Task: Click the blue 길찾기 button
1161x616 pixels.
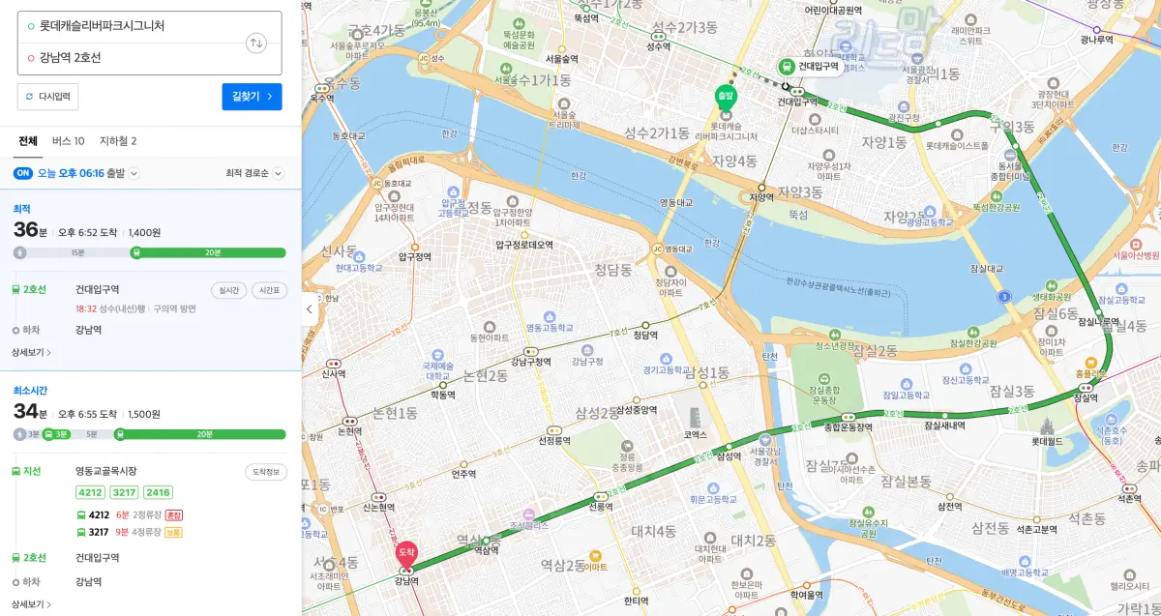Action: (252, 97)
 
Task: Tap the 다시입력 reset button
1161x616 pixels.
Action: (47, 97)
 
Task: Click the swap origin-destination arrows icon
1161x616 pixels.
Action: (256, 43)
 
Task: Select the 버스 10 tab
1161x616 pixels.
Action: (68, 141)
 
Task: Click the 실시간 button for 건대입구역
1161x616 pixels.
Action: (228, 290)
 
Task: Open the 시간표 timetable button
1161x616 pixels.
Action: (269, 290)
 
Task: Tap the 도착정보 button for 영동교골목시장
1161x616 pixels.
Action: (265, 472)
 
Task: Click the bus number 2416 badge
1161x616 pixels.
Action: (158, 492)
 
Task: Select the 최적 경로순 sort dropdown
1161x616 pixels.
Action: (254, 174)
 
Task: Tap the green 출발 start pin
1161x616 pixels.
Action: (726, 96)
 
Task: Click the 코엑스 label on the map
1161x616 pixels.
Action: (695, 435)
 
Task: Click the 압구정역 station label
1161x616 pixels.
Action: (413, 257)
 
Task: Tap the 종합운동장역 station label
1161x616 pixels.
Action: (848, 427)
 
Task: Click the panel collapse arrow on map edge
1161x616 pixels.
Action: (309, 309)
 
